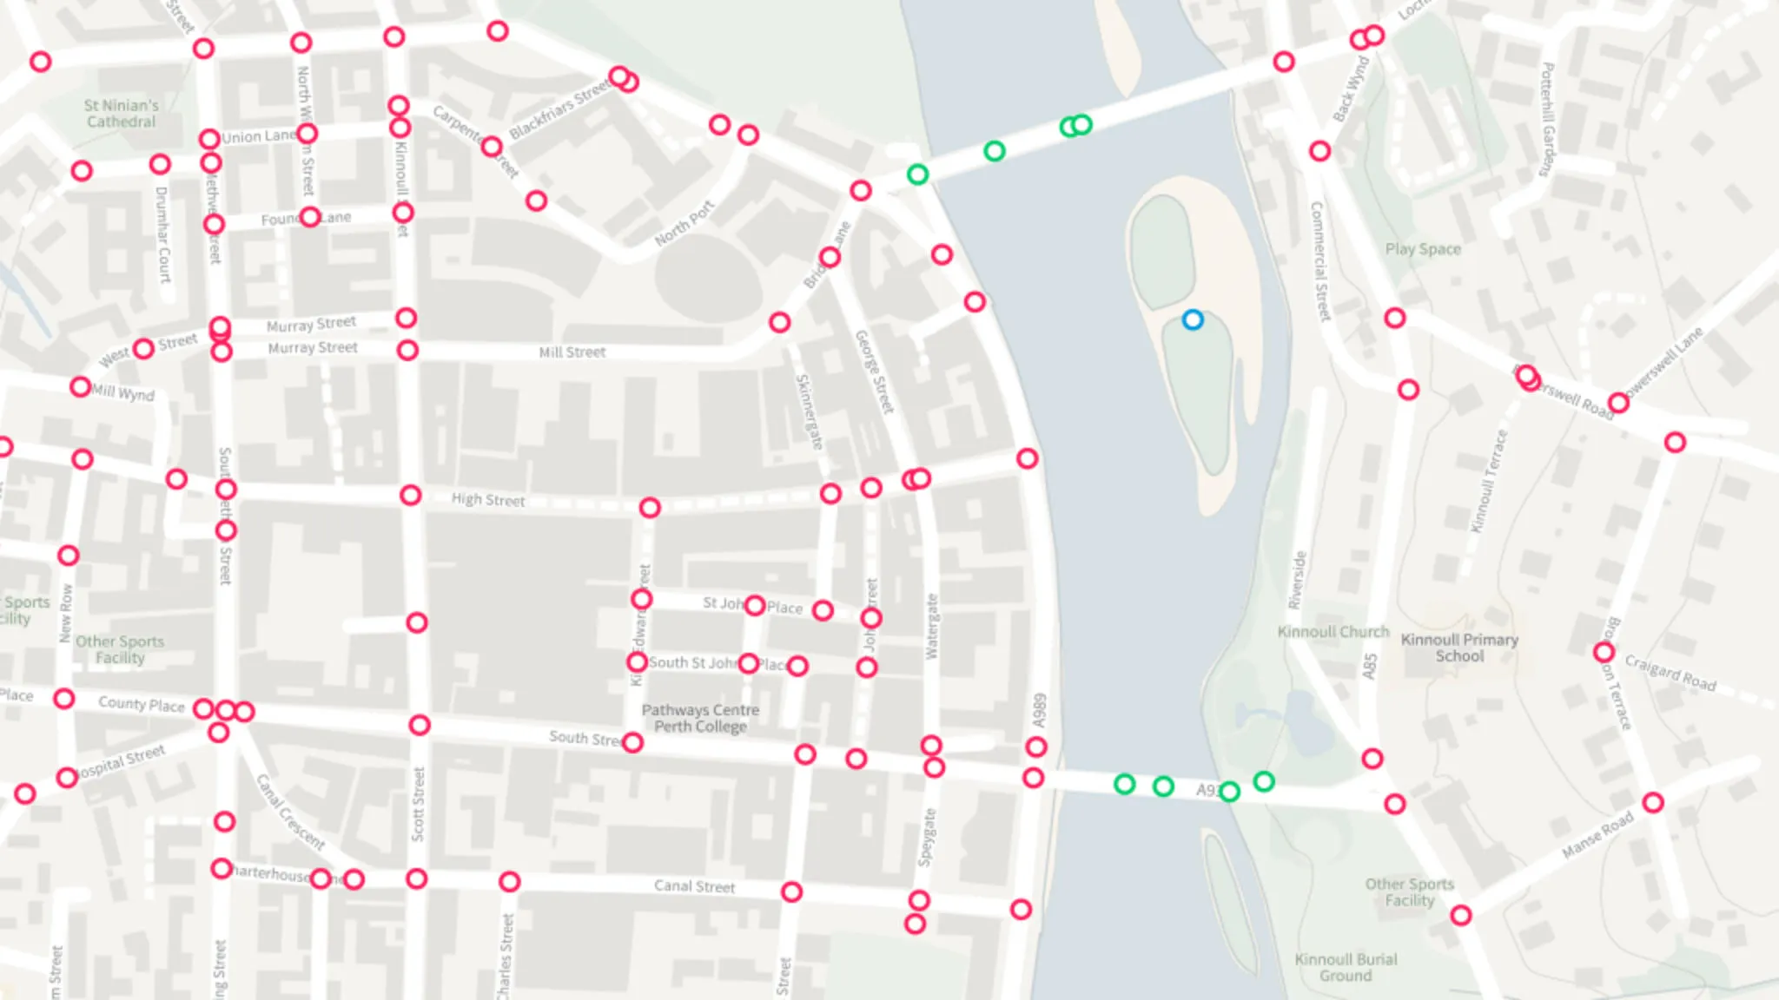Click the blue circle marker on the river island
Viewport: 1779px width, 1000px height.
[x=1193, y=320]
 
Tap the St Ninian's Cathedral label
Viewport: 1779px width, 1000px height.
[x=122, y=114]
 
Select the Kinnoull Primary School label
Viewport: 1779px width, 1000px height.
[x=1459, y=648]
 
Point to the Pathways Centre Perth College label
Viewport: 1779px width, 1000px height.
[x=700, y=718]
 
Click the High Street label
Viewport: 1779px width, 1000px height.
[x=488, y=499]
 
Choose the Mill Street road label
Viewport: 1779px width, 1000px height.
[x=572, y=352]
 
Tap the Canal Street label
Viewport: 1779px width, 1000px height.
[x=694, y=885]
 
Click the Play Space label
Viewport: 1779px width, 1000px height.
[x=1422, y=249]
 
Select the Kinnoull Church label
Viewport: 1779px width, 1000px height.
[x=1333, y=632]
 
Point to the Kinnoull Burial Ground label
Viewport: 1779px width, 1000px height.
[x=1346, y=967]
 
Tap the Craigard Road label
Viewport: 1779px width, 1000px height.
[x=1670, y=673]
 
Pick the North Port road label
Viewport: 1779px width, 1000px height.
[x=684, y=223]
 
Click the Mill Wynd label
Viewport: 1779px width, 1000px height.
[x=123, y=393]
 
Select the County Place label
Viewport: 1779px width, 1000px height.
[x=141, y=703]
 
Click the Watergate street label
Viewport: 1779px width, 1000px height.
[x=932, y=626]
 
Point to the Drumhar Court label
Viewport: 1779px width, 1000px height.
[x=162, y=234]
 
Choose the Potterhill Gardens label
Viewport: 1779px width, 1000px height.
[x=1547, y=119]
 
